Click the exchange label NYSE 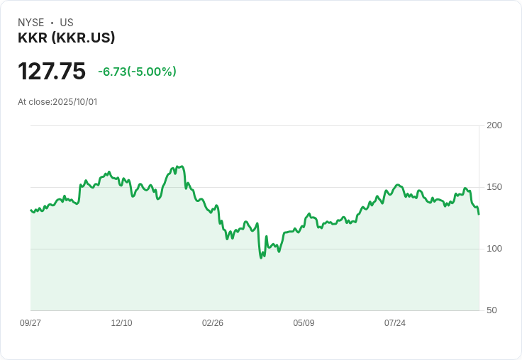31,23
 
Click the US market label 67,23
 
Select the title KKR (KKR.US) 66,38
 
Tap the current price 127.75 52,72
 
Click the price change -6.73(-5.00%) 137,72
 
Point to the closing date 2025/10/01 75,102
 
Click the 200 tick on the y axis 494,125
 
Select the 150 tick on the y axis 494,187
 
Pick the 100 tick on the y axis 494,249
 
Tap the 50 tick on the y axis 492,310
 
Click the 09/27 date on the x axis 30,323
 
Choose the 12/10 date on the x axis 121,323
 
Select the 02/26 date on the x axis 213,323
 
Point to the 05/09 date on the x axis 304,323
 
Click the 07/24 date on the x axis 395,323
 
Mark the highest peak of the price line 182,167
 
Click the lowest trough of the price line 261,258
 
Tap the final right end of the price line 479,214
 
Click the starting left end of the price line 30,210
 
